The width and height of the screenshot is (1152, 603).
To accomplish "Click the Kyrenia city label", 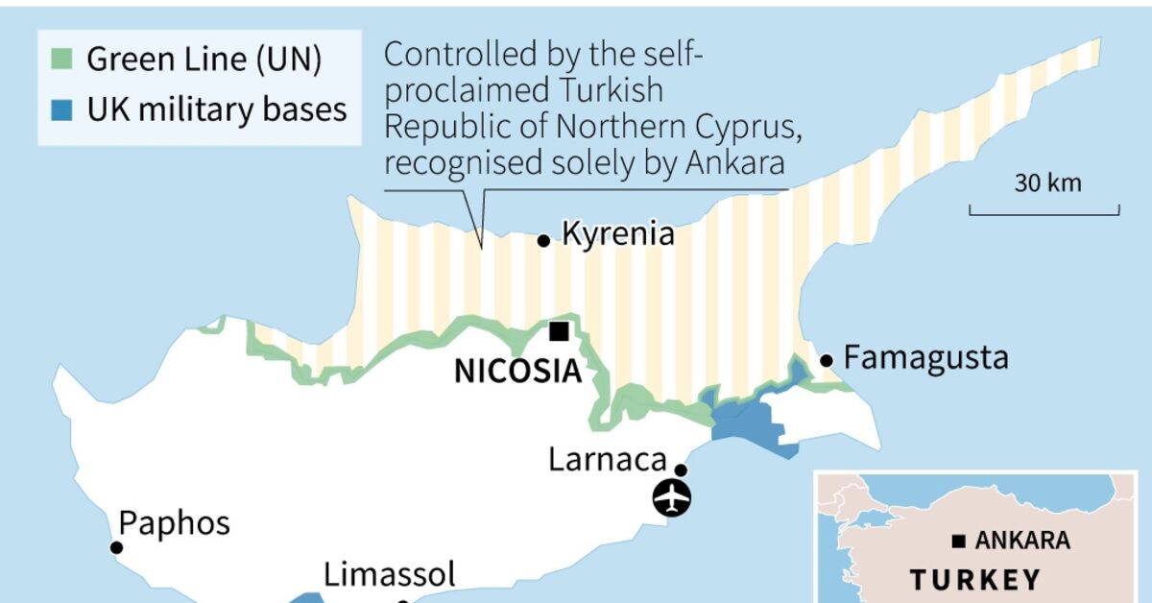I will [617, 234].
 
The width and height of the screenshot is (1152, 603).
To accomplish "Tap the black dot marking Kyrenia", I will [543, 241].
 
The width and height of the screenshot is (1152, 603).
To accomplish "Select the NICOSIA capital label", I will [517, 371].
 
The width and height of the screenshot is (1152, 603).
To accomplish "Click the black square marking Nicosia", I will [558, 331].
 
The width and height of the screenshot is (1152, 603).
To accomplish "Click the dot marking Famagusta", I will [826, 361].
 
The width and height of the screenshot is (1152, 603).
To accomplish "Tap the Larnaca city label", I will [608, 459].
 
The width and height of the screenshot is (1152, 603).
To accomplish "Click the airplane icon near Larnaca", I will [671, 498].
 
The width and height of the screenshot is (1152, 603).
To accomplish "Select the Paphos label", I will [174, 523].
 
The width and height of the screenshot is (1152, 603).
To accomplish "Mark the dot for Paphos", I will [116, 547].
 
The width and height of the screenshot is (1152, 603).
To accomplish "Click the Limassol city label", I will [389, 575].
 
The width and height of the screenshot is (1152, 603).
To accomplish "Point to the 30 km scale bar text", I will [1047, 182].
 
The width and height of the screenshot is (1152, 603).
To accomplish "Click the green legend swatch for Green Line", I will [61, 60].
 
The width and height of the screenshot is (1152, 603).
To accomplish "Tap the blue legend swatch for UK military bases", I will [61, 109].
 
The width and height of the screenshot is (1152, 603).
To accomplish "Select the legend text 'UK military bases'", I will [217, 109].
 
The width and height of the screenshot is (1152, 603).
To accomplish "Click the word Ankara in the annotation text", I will [735, 164].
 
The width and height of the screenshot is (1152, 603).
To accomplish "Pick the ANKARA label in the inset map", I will [1021, 541].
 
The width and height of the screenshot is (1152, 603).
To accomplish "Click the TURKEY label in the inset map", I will [975, 580].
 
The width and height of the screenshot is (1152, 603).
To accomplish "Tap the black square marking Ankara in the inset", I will [958, 542].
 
